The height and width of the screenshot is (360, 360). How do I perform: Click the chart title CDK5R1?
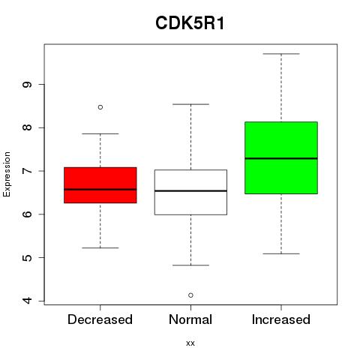pos(190,23)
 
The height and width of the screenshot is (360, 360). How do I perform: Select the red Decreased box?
pos(100,185)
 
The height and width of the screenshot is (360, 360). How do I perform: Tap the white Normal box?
pos(190,192)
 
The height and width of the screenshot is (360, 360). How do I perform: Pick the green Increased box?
pos(281,157)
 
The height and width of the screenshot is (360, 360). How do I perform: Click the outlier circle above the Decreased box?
pos(100,107)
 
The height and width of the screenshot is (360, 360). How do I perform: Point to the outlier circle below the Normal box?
pos(190,295)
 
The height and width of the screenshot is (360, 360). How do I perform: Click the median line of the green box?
pos(281,158)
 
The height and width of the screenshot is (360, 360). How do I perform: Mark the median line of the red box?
pos(100,190)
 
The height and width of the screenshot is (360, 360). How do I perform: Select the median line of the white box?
pos(190,191)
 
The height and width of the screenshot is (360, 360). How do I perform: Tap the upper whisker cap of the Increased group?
pos(281,54)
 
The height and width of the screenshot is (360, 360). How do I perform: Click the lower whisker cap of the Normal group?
pos(190,265)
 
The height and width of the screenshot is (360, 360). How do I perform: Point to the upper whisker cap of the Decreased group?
pos(100,133)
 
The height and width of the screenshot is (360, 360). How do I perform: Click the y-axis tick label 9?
pos(27,85)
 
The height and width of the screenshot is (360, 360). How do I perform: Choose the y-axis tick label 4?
pos(27,301)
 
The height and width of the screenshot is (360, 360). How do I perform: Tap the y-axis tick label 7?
pos(27,171)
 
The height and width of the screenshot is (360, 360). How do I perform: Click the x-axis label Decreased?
pos(100,319)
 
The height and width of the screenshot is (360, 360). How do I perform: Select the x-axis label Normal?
pos(190,319)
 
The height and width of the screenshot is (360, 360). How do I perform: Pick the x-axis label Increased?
pos(281,319)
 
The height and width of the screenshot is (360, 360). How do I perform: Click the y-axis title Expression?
pos(7,174)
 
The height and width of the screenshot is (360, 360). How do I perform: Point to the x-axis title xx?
pos(190,343)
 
